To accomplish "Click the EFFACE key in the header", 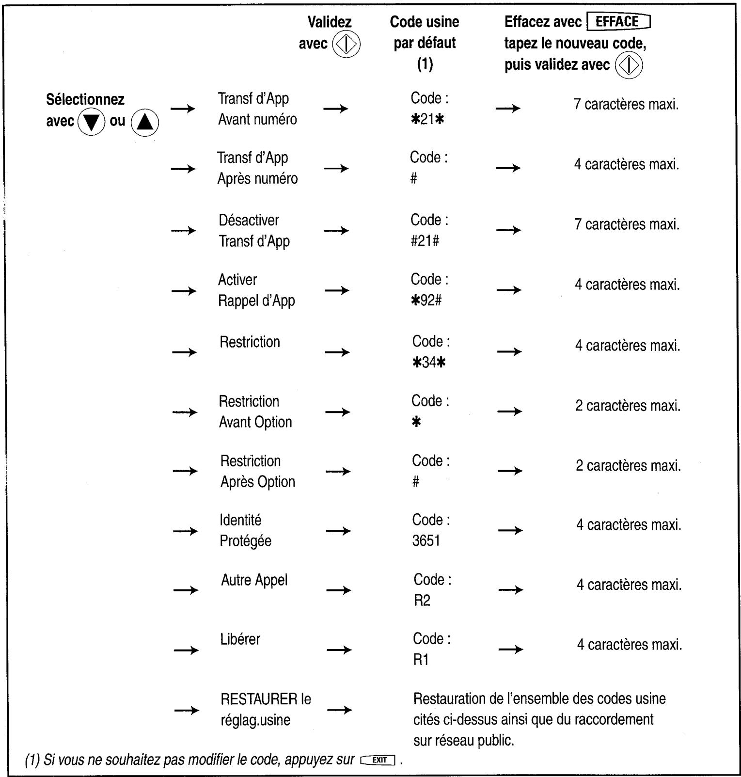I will (618, 22).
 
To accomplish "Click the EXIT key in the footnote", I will (378, 760).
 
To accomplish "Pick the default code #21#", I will (425, 241).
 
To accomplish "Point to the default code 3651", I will (426, 540).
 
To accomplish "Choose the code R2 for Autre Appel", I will (422, 601).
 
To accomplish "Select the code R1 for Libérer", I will (421, 660).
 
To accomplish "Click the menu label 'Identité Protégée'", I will (245, 530).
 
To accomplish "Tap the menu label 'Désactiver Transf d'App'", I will (254, 231).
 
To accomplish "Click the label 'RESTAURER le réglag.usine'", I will (265, 709).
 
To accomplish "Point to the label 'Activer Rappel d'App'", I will (256, 290).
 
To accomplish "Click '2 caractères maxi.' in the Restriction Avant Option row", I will (628, 406).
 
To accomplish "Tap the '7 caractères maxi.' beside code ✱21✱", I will (626, 105).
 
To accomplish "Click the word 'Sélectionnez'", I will (85, 99).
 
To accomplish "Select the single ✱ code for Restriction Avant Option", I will (416, 422).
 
